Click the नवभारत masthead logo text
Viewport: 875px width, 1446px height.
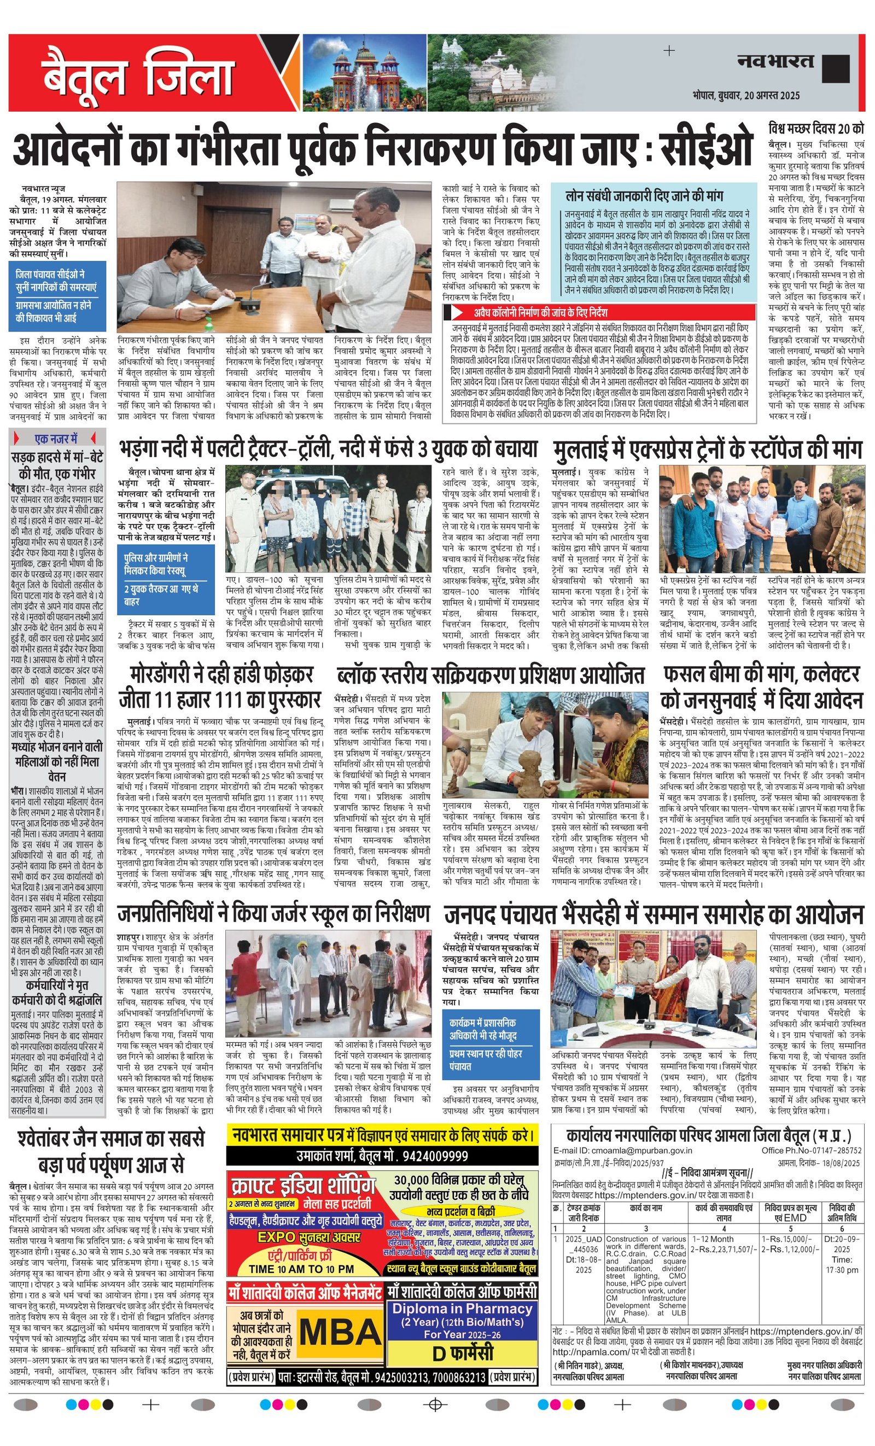(x=775, y=61)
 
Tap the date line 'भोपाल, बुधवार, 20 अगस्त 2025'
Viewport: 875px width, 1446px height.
(x=745, y=96)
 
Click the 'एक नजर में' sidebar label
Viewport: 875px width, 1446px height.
(x=56, y=439)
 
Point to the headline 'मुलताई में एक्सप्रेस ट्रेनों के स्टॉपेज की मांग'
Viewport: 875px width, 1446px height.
(x=707, y=450)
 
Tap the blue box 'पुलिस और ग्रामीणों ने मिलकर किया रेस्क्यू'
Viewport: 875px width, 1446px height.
(x=156, y=564)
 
